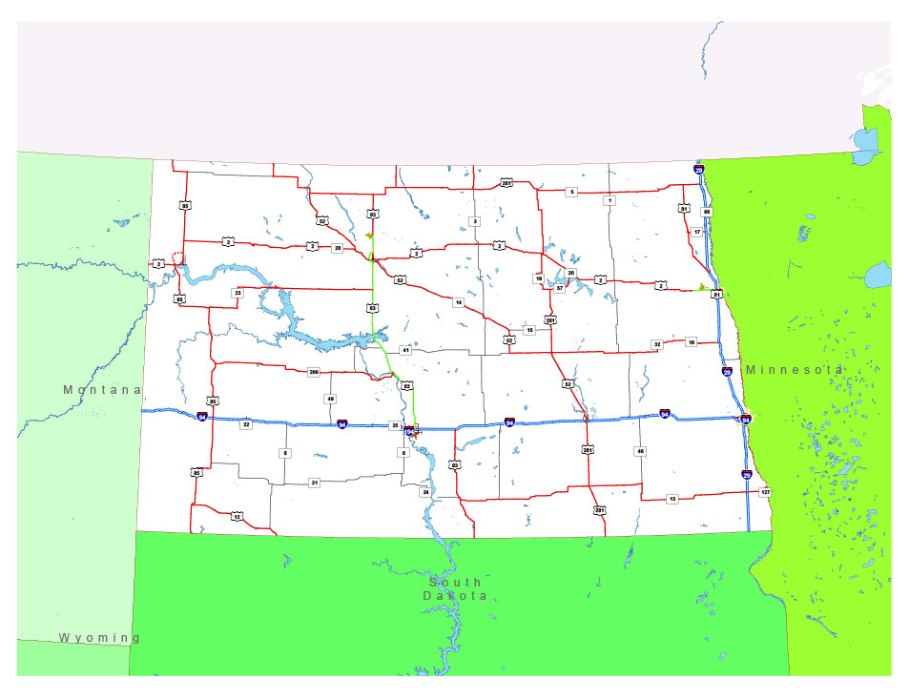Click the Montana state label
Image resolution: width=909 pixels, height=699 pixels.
102,390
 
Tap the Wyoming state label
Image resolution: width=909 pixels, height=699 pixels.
99,637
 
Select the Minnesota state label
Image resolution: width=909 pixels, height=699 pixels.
794,369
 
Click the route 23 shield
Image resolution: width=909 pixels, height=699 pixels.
238,293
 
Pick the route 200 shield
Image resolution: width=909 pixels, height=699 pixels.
313,371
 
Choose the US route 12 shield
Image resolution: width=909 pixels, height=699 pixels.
236,516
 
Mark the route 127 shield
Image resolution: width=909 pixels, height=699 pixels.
764,492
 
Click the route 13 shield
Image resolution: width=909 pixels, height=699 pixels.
671,499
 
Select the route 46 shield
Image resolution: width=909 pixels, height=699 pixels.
641,450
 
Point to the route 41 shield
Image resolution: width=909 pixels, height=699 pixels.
405,351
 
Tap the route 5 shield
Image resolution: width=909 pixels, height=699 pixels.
571,192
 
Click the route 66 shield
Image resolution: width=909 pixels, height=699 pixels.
707,212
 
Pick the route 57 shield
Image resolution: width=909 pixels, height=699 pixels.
560,287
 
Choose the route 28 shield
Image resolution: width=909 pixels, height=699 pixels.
337,248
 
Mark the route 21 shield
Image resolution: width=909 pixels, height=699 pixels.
315,483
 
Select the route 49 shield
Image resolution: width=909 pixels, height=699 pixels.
331,399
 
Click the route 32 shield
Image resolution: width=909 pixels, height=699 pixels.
656,343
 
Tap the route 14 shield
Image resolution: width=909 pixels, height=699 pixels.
459,302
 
